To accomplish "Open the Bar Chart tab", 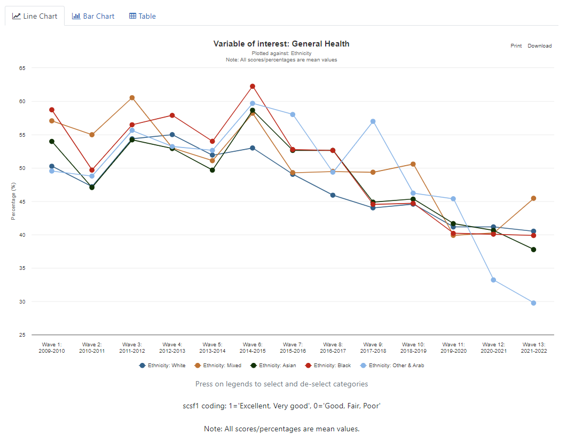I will coord(93,16).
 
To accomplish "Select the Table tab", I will coord(143,16).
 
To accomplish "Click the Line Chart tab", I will coord(35,16).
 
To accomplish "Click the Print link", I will coord(516,46).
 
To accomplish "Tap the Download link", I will coord(539,46).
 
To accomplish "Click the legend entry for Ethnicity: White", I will coord(162,366).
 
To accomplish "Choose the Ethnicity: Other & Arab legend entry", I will coord(392,366).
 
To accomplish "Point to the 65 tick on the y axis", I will coord(22,68).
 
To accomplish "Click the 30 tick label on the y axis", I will coord(22,301).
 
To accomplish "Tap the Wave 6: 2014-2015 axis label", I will coord(252,348).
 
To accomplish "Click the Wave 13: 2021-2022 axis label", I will coord(533,348).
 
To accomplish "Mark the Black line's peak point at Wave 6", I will coord(253,86).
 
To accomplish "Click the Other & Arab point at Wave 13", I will coord(533,303).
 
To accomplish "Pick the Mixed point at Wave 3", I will coord(132,98).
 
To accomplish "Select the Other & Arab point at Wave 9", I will coord(373,121).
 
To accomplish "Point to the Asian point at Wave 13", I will coord(533,250).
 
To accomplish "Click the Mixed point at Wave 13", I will coord(533,198).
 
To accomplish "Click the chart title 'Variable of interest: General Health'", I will coord(281,44).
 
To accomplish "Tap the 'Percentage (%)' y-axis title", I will coord(14,201).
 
